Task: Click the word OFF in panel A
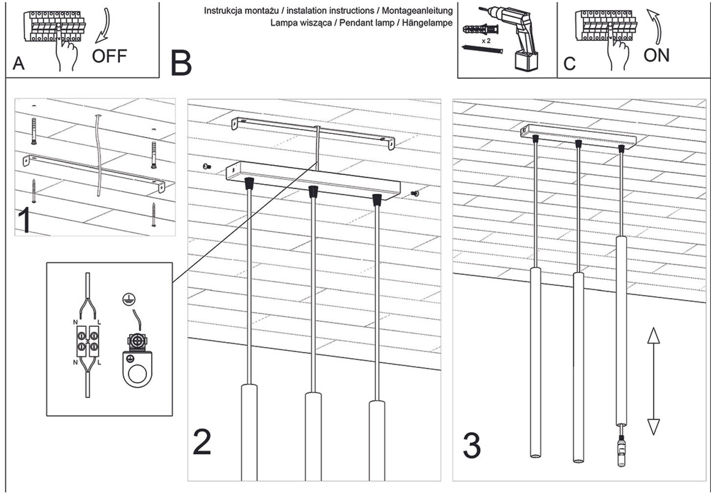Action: click(x=109, y=56)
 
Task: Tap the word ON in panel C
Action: click(x=656, y=55)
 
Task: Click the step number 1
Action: click(x=25, y=221)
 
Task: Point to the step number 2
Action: click(x=202, y=442)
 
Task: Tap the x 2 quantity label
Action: click(x=486, y=41)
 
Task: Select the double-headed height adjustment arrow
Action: click(x=653, y=381)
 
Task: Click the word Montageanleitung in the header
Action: click(x=417, y=10)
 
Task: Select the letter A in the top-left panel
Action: click(x=19, y=64)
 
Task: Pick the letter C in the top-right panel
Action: click(x=569, y=64)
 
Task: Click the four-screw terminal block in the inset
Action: click(x=88, y=341)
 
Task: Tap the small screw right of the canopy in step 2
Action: click(x=415, y=194)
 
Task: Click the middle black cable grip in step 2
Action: click(x=312, y=192)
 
